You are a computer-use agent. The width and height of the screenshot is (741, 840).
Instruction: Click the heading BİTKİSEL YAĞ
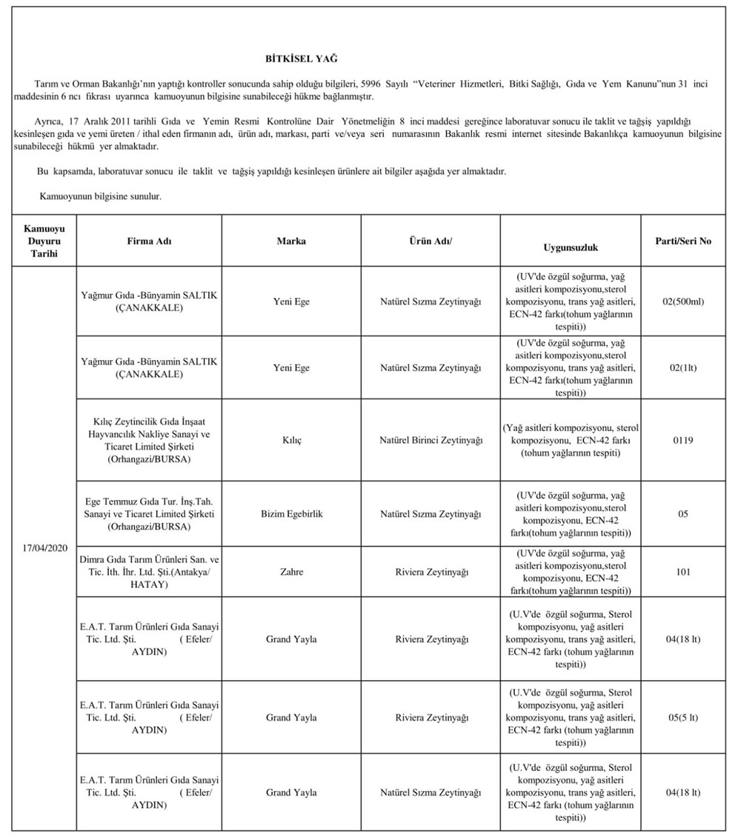[301, 58]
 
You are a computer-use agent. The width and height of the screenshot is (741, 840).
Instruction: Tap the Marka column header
[291, 241]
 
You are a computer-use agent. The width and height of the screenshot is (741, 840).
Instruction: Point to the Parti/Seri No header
[683, 241]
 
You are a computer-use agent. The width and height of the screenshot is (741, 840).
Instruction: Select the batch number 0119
[683, 440]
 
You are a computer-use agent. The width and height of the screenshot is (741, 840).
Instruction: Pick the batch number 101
[683, 572]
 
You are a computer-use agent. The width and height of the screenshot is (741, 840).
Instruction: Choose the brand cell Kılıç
[291, 440]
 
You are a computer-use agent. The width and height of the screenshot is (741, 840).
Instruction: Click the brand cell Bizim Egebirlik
[291, 513]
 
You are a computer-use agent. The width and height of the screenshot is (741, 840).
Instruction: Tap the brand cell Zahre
[291, 572]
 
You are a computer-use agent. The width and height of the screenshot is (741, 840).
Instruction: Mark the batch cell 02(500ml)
[683, 301]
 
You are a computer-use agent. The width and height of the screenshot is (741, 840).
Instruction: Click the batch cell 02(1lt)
[683, 367]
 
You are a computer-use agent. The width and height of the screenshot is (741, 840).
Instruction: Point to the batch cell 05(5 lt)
[683, 717]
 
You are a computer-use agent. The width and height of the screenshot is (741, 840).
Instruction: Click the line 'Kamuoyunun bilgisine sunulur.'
[100, 197]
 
